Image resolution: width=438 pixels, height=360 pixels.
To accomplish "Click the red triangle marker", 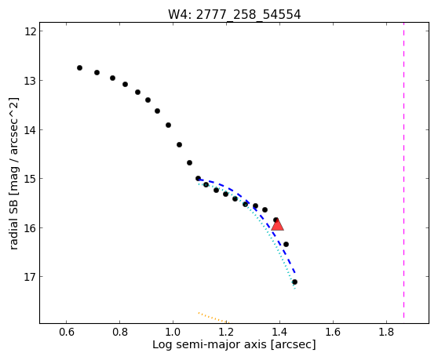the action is coord(277,224).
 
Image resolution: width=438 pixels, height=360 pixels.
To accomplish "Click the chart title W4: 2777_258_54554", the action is coord(235,15).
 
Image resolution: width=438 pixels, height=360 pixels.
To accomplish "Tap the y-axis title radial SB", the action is coord(13,173).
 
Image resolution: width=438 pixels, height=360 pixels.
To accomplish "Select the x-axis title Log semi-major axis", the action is coord(234,344).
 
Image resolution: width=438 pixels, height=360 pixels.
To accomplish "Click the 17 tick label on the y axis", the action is coord(30,277).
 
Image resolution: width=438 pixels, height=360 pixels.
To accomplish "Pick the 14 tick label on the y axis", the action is coord(30,129).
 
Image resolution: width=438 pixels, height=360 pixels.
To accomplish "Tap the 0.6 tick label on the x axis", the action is coord(66,332).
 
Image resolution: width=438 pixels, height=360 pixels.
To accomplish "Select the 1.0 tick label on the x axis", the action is coord(173,332).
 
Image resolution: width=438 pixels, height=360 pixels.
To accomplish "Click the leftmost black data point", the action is coord(79,67).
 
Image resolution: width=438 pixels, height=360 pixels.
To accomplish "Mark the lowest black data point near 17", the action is coord(294,282).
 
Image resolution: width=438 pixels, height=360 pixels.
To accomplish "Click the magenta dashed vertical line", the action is coord(404,173).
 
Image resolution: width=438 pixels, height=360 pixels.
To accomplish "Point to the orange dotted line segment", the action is coord(214,318).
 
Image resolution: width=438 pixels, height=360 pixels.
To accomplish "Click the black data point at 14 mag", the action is coord(168,125).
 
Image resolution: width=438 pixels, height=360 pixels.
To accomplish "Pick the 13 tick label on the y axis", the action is coord(30,80).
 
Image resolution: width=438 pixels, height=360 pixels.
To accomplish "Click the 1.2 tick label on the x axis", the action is coord(226,332).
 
